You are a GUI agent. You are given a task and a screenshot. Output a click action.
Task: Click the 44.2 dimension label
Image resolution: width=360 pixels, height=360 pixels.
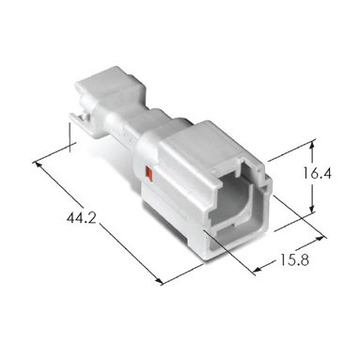tap(81, 218)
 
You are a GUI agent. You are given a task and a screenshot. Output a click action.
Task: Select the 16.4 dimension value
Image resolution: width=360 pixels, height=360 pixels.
tap(317, 173)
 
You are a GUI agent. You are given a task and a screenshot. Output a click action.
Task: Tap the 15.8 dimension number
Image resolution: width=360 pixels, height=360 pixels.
tap(294, 259)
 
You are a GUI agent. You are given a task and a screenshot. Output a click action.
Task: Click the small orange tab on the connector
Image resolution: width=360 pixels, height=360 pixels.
tap(149, 174)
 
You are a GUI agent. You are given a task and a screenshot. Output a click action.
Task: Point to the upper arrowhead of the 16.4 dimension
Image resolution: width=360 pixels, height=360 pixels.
tap(312, 146)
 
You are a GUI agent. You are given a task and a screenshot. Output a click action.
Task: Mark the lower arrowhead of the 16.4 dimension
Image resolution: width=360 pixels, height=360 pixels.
tap(312, 208)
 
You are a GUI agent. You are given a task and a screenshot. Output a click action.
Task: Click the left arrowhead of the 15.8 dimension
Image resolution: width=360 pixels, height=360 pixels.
tap(258, 269)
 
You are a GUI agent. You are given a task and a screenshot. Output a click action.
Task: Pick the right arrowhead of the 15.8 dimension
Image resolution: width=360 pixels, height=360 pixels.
tap(320, 239)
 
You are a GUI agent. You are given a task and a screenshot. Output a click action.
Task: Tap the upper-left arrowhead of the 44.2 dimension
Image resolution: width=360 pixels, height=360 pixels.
tap(38, 164)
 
